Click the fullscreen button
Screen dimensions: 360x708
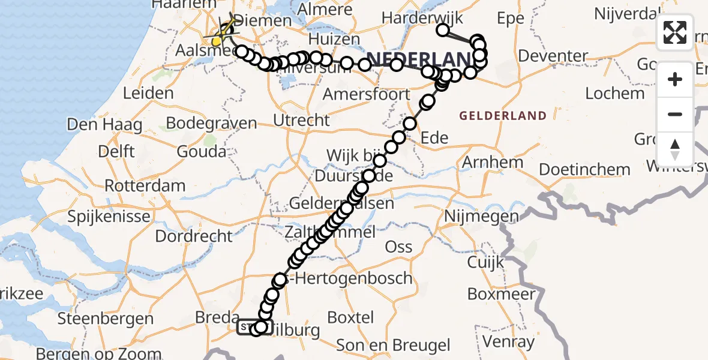pos(675,32)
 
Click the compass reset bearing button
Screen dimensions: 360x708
pos(675,149)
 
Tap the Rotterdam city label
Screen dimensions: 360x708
pos(145,185)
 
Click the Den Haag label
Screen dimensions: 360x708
pos(104,125)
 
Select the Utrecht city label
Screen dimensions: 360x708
pos(301,120)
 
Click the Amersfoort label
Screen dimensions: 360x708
pos(366,94)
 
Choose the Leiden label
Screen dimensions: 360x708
pos(148,93)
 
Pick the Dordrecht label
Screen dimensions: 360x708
pos(193,236)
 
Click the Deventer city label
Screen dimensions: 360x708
pos(553,56)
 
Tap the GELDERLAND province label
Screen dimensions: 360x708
pos(503,116)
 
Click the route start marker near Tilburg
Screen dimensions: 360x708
pos(247,328)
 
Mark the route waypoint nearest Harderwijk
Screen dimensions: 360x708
pos(443,30)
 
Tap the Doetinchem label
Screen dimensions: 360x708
pos(584,169)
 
